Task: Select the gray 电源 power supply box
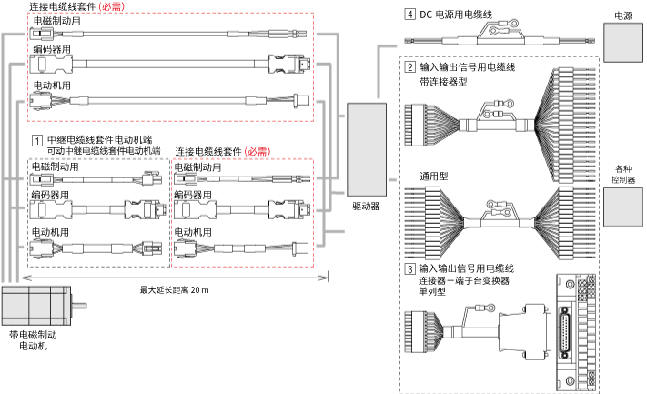pos(622,41)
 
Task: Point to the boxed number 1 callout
pos(36,140)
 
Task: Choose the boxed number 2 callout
pos(410,67)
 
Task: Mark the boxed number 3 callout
pos(410,268)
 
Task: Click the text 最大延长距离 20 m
pos(174,290)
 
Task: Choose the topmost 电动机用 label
pos(52,86)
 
